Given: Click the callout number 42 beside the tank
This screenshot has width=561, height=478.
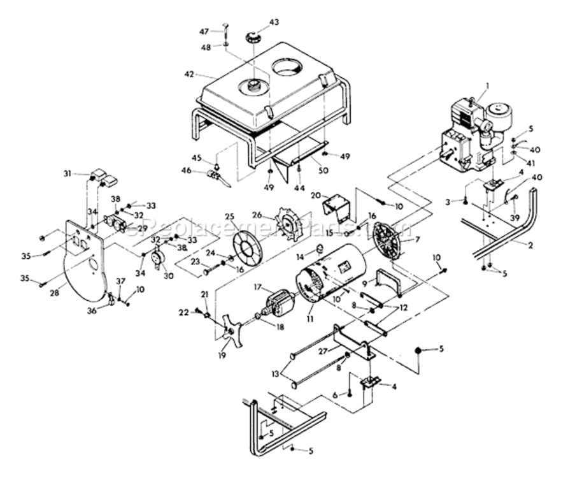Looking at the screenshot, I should pyautogui.click(x=188, y=74).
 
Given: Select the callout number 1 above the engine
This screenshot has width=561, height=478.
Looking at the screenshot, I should pyautogui.click(x=488, y=85).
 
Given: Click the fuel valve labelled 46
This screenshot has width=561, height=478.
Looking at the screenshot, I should pyautogui.click(x=217, y=176).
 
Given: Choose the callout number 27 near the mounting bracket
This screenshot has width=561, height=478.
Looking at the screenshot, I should pyautogui.click(x=324, y=351).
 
